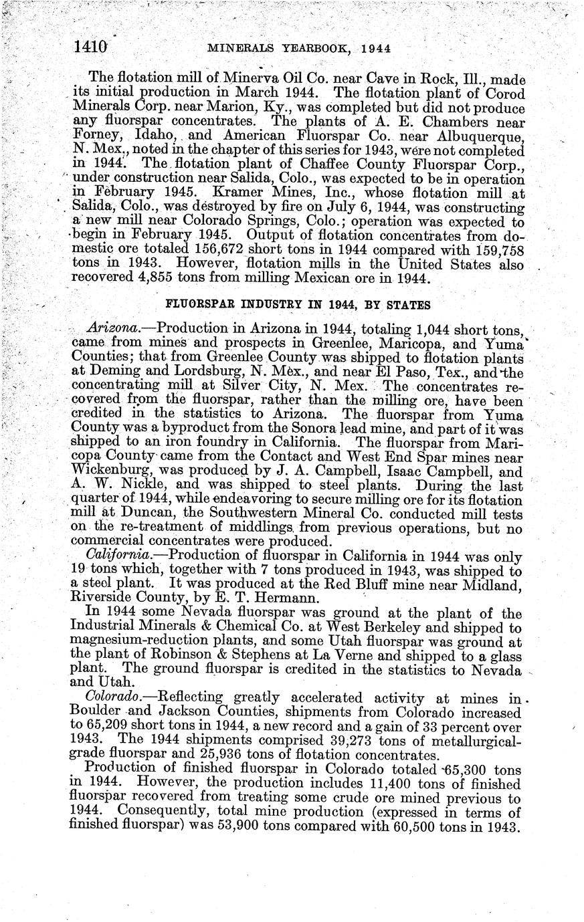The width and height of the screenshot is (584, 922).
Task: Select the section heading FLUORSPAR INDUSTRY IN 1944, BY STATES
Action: click(x=297, y=305)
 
